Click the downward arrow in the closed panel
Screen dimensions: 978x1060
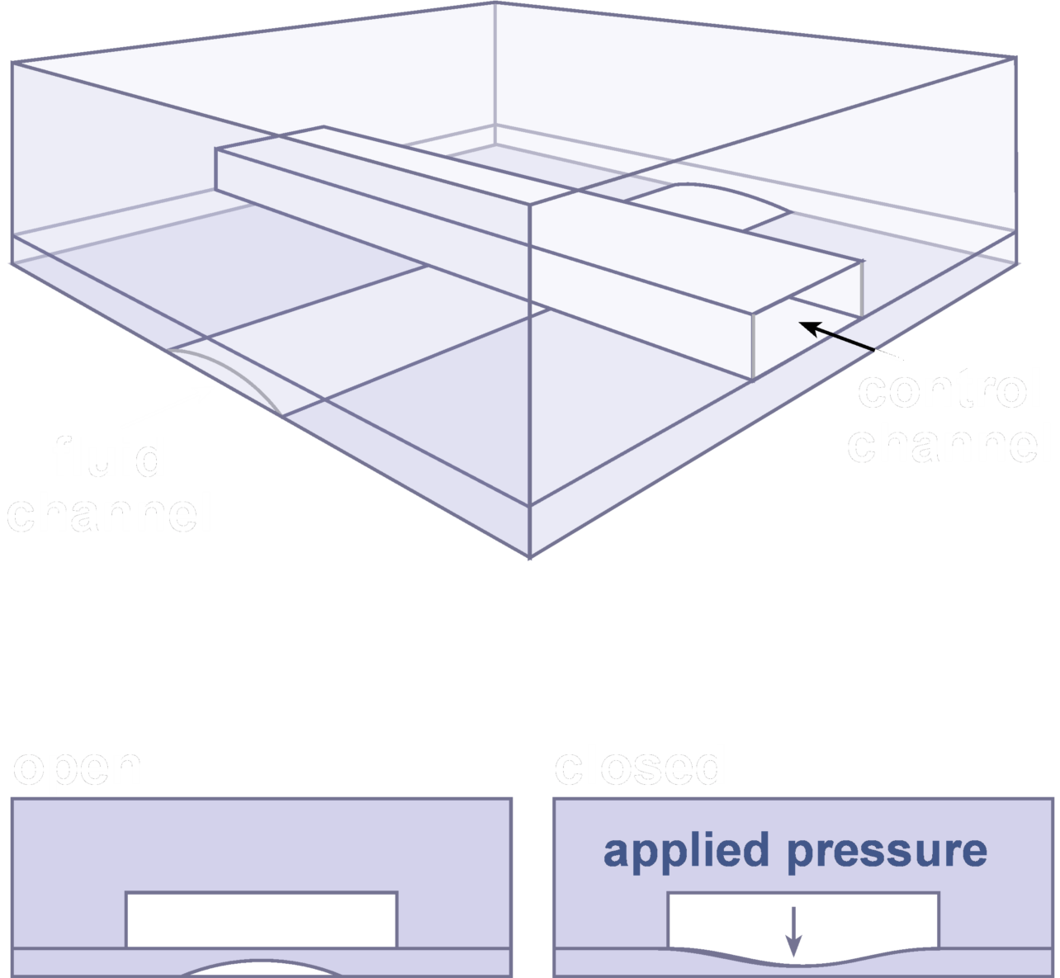point(793,931)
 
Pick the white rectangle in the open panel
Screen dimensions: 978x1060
point(262,919)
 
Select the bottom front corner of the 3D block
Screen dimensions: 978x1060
point(529,557)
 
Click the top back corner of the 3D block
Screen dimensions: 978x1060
point(495,3)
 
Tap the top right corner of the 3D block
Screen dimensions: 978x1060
point(1016,58)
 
